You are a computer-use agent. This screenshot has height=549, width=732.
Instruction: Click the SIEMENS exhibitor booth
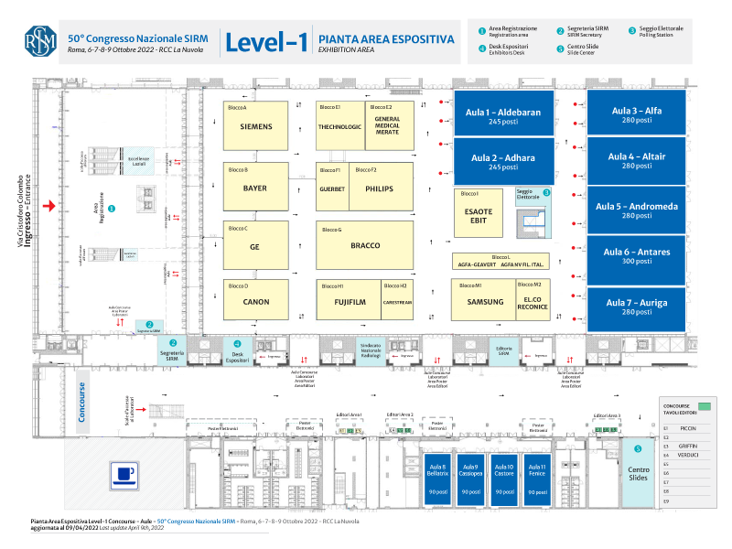coord(256,126)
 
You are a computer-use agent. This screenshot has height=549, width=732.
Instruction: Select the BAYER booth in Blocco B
coord(256,188)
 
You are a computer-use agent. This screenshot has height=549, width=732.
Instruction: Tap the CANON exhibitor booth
coord(256,301)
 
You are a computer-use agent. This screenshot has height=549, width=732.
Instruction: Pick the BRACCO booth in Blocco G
coord(365,245)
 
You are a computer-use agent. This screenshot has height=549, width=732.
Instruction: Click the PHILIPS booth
coord(378,188)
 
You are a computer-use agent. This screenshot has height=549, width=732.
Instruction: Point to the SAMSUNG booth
coord(485,301)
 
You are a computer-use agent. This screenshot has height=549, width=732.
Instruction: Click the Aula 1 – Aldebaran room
coord(503,114)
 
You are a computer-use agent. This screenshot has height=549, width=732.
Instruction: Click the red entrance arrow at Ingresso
coord(51,208)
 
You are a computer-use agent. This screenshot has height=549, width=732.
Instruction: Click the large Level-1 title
coord(265,42)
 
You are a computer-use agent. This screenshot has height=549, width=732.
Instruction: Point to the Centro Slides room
coord(638,474)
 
